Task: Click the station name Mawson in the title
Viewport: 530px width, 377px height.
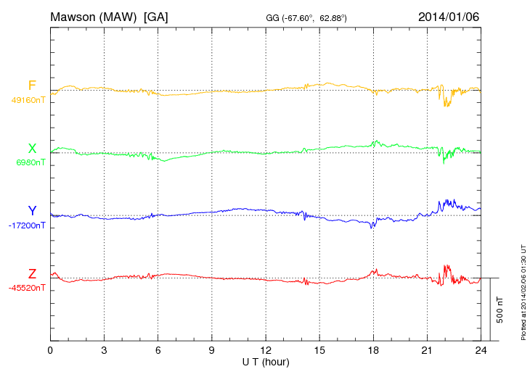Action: [x=76, y=16]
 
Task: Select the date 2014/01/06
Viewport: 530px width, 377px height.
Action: [x=449, y=16]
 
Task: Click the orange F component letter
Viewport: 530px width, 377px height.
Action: [x=32, y=86]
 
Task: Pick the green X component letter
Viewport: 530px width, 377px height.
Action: [x=32, y=149]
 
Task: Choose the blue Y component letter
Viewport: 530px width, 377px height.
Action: [x=32, y=211]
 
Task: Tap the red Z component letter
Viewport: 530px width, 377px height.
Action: [x=32, y=273]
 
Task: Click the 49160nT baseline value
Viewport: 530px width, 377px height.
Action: [x=28, y=100]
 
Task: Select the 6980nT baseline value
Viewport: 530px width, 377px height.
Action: [x=30, y=162]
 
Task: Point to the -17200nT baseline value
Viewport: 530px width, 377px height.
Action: [x=28, y=225]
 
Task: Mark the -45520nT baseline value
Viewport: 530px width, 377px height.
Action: [x=28, y=288]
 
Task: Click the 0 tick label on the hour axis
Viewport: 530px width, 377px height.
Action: [x=50, y=350]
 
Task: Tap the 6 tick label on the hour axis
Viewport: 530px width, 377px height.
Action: [x=158, y=350]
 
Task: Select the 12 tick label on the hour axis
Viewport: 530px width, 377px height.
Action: [x=266, y=350]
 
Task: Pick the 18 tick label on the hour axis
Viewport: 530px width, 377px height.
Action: [x=373, y=350]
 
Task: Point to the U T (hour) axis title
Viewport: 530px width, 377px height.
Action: [x=266, y=361]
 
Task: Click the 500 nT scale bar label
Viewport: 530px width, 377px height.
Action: [x=500, y=310]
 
